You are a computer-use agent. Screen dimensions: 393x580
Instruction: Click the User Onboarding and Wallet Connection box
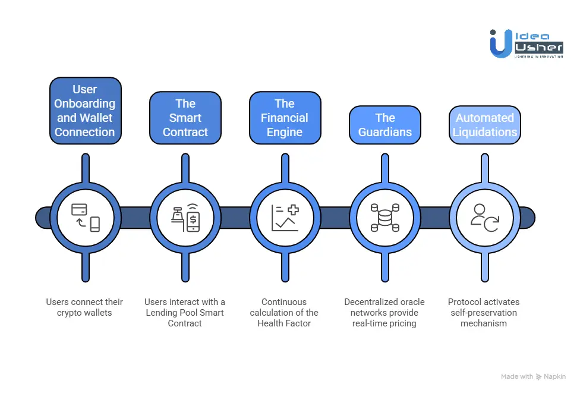[85, 111]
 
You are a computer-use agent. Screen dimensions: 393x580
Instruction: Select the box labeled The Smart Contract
[185, 118]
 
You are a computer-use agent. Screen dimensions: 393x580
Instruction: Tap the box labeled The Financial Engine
[285, 118]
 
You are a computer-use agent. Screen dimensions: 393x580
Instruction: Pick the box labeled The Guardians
[384, 125]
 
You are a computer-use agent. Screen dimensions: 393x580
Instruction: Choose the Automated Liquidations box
[484, 125]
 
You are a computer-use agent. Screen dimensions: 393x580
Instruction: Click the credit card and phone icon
[85, 218]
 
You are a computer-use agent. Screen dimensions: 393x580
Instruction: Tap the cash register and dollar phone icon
[185, 218]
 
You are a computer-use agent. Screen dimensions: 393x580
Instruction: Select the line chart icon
[285, 218]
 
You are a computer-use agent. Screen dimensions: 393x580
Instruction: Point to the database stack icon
[384, 218]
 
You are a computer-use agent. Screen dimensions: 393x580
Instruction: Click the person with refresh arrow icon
[484, 218]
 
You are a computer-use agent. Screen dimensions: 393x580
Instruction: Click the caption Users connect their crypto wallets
[85, 307]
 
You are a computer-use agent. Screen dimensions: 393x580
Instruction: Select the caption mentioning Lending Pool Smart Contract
[185, 313]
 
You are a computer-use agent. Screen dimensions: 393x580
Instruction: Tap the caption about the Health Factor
[285, 313]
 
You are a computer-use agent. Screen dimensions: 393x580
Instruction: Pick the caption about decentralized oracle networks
[384, 313]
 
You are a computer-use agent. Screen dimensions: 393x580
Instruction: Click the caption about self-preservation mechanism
[484, 313]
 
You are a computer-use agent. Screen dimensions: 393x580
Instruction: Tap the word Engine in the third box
[285, 133]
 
